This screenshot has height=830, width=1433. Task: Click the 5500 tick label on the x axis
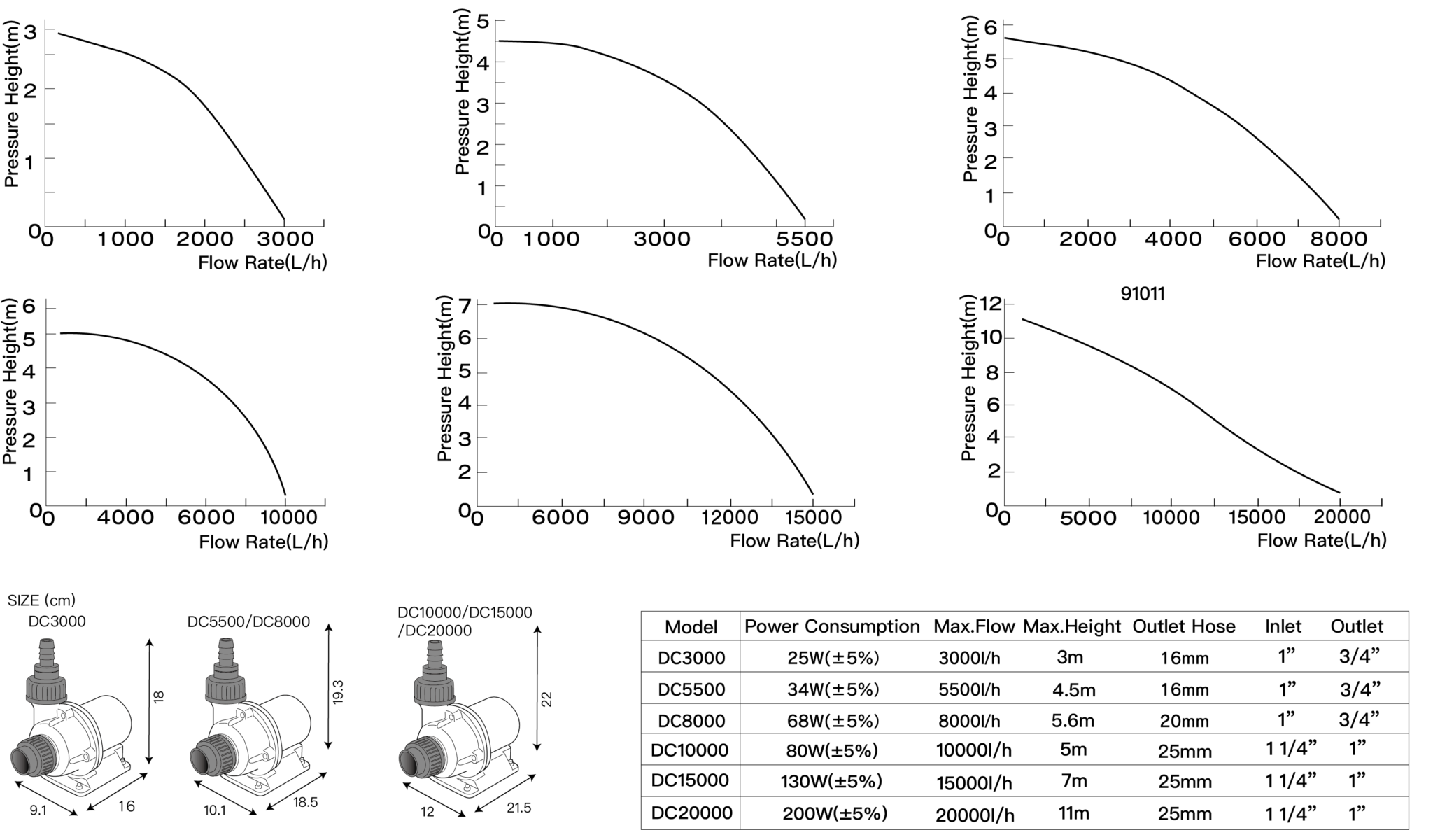[x=804, y=239]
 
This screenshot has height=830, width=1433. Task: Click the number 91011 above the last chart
[x=1143, y=294]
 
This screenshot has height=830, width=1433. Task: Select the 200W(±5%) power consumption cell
[x=834, y=813]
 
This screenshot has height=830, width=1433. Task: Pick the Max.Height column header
[x=1071, y=626]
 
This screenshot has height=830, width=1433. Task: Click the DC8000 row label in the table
[x=691, y=721]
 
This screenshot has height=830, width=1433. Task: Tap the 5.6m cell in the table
[x=1073, y=721]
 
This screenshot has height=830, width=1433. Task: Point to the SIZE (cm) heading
[x=41, y=600]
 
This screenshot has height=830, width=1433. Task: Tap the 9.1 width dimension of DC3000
[x=38, y=810]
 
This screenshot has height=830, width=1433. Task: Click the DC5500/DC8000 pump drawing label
[x=248, y=622]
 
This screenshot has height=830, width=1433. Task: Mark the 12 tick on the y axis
[x=991, y=304]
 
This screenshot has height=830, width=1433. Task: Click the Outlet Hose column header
[x=1183, y=626]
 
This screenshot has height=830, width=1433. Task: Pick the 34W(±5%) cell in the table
[x=833, y=689]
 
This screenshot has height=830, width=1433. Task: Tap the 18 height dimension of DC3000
[x=159, y=697]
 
